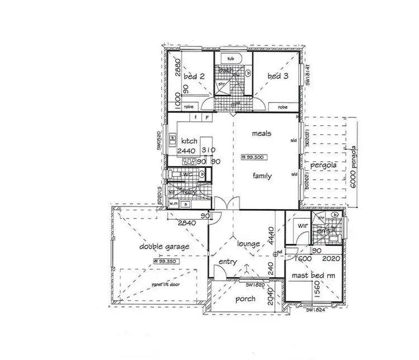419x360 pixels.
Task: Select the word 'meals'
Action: point(261,134)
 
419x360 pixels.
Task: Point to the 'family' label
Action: point(261,176)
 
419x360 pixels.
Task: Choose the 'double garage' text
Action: point(164,246)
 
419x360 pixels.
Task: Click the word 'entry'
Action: point(228,262)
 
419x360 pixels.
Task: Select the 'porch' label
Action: point(245,299)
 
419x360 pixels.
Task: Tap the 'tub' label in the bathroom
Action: point(230,58)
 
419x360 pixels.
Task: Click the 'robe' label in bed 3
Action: point(283,107)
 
